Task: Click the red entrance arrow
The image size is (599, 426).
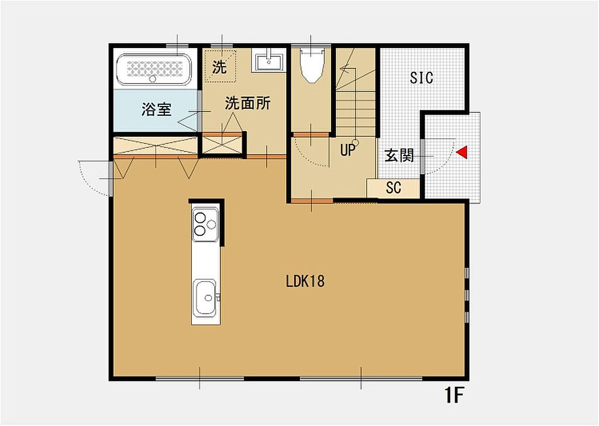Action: point(462,152)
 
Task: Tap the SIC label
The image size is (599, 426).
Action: point(422,78)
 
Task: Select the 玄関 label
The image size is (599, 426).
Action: point(399,155)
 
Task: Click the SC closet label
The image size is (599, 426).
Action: point(394,188)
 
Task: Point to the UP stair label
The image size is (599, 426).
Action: point(347,150)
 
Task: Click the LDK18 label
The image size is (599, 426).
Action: point(305,281)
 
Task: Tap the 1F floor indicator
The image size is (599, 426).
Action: point(454,396)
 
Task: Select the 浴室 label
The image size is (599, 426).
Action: point(156,109)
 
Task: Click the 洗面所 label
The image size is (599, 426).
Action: point(247,103)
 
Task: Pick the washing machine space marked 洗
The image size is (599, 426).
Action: point(220,66)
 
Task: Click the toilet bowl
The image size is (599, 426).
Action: point(311,64)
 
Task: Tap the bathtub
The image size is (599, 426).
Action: point(154,69)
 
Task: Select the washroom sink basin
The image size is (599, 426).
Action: point(268,60)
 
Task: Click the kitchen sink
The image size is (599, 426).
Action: point(205,298)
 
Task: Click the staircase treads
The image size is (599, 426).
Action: point(356,107)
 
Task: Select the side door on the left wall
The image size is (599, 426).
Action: point(95,178)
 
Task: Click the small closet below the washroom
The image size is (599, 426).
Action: point(222,145)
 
